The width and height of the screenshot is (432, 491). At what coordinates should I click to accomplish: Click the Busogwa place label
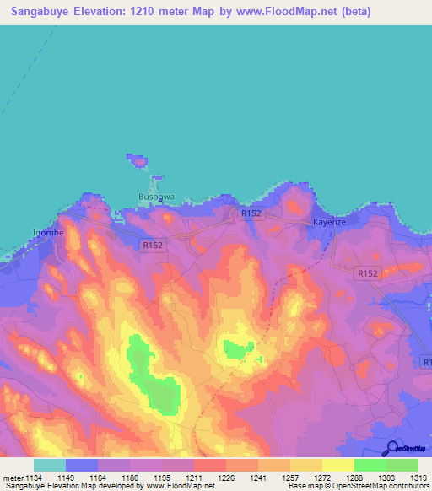point(156,197)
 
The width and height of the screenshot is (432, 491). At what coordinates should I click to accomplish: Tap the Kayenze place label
point(330,222)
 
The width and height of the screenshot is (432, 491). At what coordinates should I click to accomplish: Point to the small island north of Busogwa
point(137,160)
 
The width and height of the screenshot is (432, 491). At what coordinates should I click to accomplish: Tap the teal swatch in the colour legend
point(50,464)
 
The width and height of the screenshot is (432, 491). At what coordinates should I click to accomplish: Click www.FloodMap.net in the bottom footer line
point(180,486)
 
